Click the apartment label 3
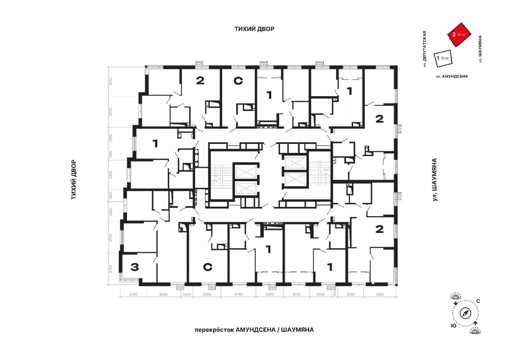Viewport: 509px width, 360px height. tap(134, 267)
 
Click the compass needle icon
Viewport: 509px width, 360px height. tap(466, 314)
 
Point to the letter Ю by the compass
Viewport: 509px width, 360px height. tap(453, 325)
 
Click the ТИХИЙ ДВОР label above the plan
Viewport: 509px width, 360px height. tap(254, 29)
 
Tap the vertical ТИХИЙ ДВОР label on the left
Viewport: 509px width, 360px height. tap(74, 180)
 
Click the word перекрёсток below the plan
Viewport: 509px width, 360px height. tap(214, 330)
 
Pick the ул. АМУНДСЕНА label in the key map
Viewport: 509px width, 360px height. tap(452, 76)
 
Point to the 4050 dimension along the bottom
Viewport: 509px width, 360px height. tap(163, 294)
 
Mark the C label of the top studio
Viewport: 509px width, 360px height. tap(238, 81)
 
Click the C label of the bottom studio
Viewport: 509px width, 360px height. tap(207, 267)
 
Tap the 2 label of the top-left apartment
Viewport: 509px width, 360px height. tap(200, 81)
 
